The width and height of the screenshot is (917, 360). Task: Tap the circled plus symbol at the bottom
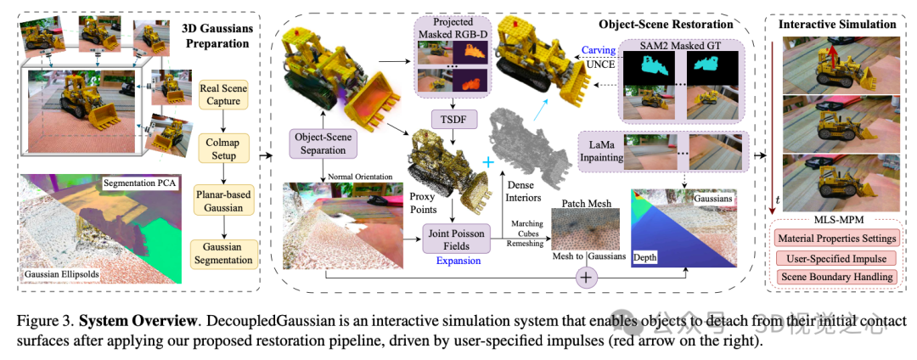587,276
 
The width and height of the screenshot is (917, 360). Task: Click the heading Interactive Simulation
837,24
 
